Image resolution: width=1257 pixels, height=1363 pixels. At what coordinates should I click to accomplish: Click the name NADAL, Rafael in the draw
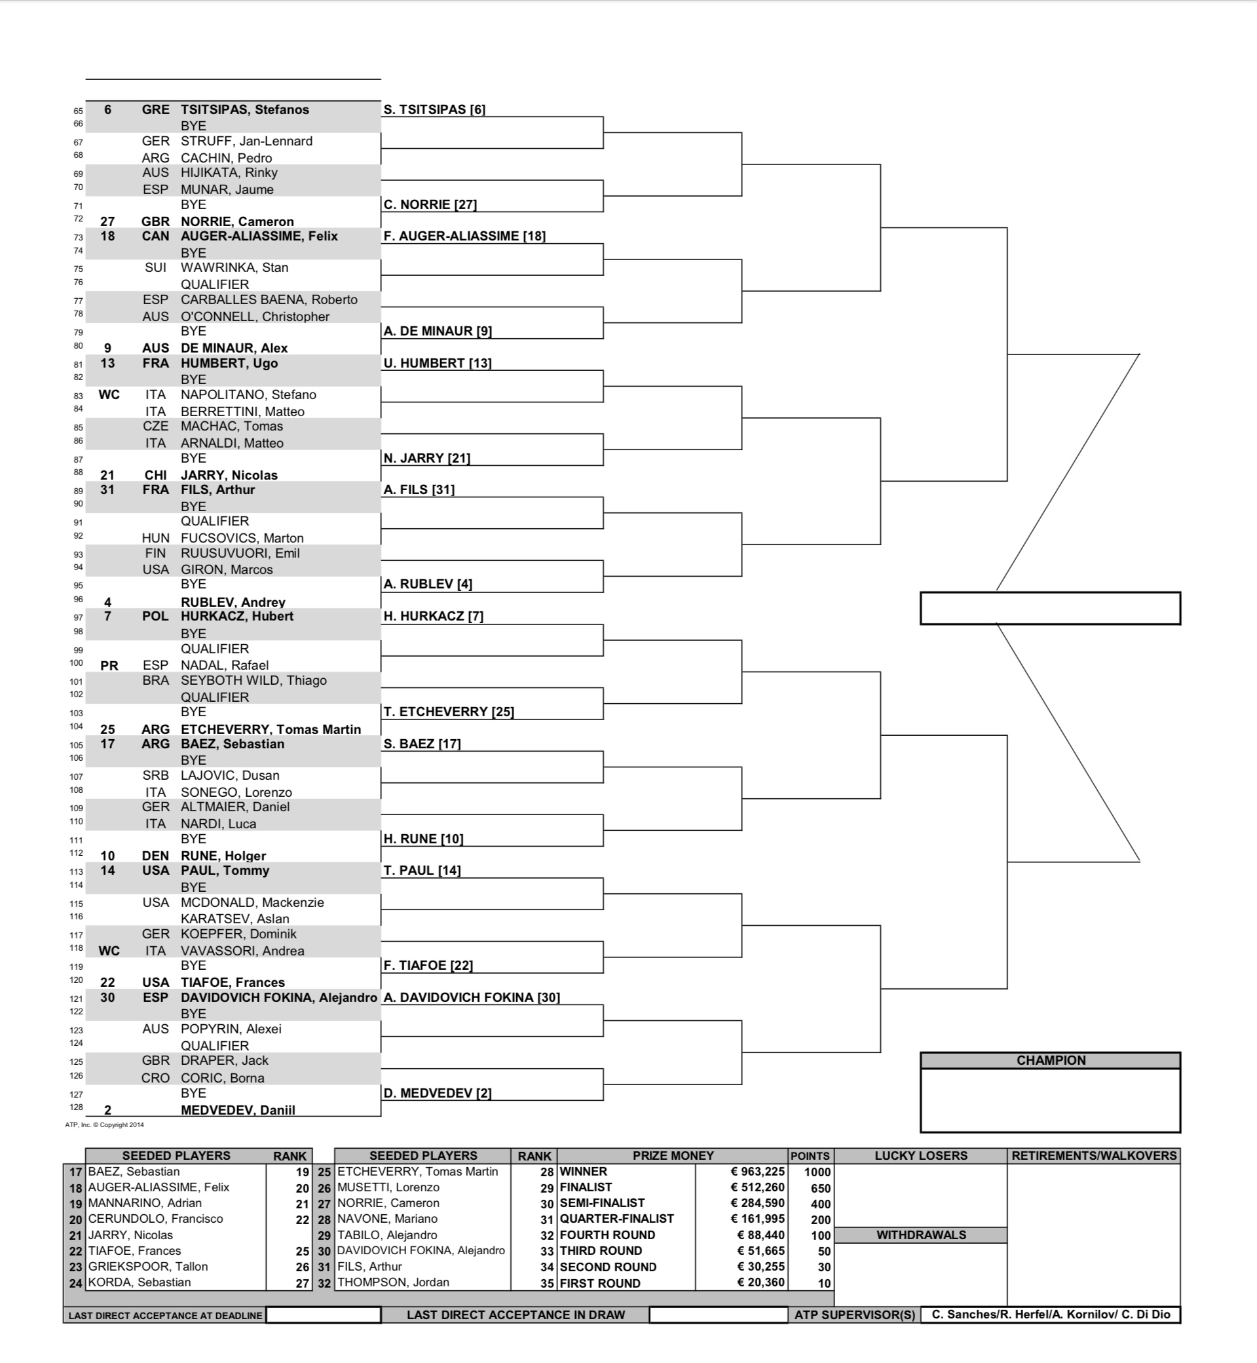coord(225,665)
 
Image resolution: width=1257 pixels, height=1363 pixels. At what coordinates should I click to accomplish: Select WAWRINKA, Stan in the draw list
coord(234,267)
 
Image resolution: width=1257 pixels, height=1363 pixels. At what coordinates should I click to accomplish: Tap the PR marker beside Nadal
coord(109,666)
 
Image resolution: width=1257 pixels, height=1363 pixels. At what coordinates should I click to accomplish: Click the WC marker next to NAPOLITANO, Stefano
coord(109,394)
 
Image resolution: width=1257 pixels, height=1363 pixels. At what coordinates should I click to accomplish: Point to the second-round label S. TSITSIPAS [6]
coord(434,109)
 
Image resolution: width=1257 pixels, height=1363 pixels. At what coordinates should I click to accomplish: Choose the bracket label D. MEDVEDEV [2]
coord(438,1093)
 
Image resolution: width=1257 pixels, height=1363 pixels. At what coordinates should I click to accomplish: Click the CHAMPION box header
coord(1050,1060)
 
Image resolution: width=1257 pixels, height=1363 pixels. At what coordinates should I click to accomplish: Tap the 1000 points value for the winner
coord(817,1172)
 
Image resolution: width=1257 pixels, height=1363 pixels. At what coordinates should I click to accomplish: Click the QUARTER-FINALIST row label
coord(616,1219)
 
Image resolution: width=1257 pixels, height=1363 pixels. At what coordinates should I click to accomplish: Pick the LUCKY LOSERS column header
coord(920,1155)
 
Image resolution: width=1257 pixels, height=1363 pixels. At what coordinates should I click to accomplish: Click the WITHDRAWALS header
coord(920,1235)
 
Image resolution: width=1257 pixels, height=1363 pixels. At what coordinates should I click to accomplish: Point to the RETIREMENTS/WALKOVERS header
coord(1094,1155)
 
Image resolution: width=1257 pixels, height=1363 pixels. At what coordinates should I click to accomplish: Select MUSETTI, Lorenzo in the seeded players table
coord(388,1187)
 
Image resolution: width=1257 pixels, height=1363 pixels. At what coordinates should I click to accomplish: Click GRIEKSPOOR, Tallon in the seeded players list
coord(147,1267)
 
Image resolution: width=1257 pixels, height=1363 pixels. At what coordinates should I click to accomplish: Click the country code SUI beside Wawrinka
coord(155,267)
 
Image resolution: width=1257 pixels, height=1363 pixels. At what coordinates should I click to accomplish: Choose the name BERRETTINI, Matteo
coord(242,412)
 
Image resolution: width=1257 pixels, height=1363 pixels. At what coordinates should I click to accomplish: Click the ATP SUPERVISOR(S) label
coord(854,1315)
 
